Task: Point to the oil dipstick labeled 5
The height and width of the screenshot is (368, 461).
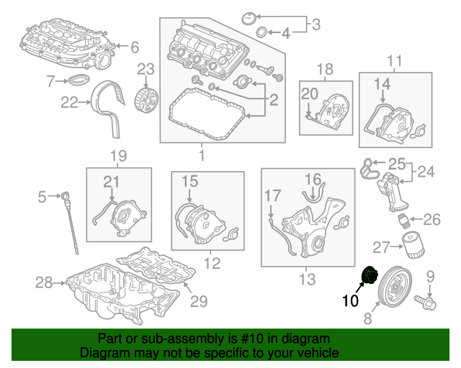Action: click(69, 223)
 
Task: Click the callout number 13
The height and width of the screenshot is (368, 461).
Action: click(306, 278)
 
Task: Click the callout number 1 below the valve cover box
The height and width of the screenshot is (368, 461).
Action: click(202, 155)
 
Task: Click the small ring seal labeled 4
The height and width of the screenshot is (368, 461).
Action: click(262, 32)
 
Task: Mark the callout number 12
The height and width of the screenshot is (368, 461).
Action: click(211, 264)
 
